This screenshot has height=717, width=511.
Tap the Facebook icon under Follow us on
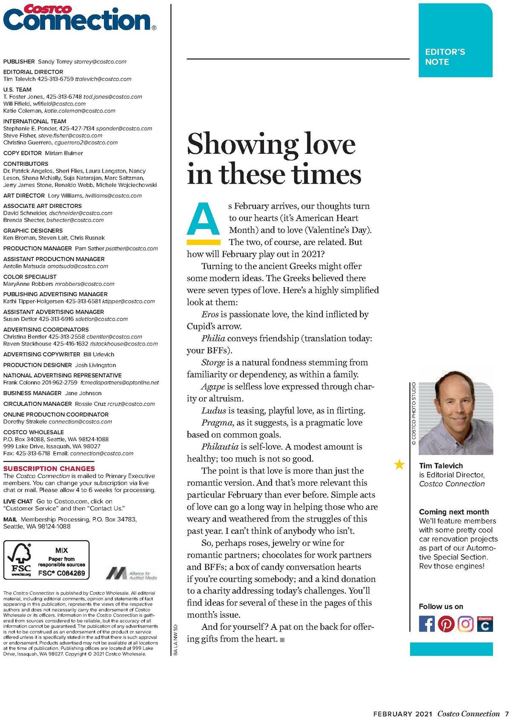(427, 624)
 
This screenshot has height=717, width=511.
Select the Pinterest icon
(446, 624)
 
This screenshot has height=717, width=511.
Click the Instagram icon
(465, 624)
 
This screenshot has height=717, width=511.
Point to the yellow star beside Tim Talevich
(399, 464)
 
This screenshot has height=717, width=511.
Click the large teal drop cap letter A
(204, 219)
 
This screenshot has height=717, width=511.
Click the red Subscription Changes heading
(49, 468)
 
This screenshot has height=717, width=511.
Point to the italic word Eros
(210, 314)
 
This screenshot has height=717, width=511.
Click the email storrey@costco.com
(100, 61)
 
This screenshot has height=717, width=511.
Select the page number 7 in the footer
(507, 714)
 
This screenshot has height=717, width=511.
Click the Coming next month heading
(454, 512)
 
